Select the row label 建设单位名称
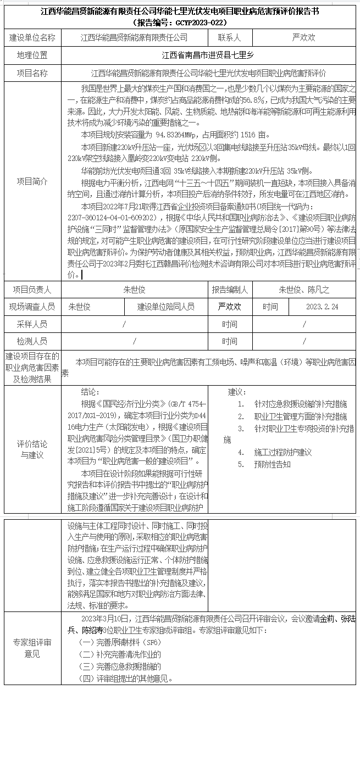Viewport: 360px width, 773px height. (x=32, y=38)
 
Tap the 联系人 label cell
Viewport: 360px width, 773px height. (x=229, y=38)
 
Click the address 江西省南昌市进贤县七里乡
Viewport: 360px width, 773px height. (x=208, y=55)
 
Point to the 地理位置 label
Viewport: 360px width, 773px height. (x=32, y=55)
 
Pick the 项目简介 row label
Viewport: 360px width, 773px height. (x=32, y=181)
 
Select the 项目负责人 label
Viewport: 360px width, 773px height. (x=32, y=290)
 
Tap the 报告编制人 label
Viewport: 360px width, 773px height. (x=229, y=290)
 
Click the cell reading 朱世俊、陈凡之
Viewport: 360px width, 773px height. (x=304, y=290)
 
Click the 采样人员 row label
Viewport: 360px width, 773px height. (x=32, y=324)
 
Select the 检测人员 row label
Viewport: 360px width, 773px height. (x=32, y=341)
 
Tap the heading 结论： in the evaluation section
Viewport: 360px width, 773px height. (x=90, y=392)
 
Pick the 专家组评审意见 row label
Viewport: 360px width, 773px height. (x=32, y=648)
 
